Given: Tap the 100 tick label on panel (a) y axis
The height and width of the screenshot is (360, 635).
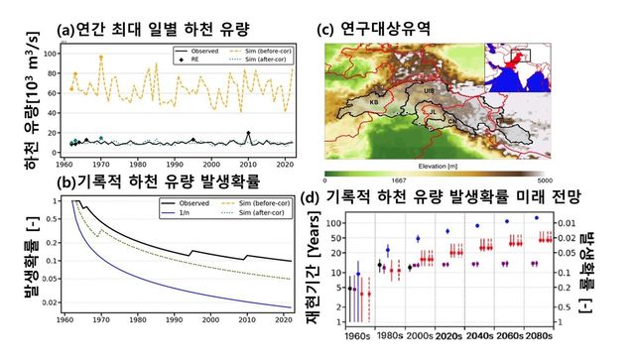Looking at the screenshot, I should (x=49, y=48).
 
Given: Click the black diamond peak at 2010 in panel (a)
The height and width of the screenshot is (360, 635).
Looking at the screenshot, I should (x=248, y=133).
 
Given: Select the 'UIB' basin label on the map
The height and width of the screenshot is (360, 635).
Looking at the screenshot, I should (x=429, y=90).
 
